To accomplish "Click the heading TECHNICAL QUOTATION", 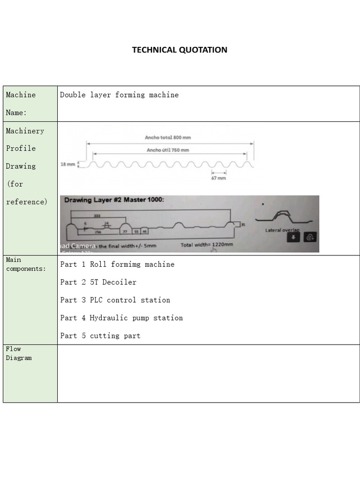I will point(180,50).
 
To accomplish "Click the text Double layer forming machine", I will point(119,95).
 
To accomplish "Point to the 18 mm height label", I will point(67,165).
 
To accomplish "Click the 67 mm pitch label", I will point(218,178).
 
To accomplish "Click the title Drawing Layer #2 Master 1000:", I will point(114,200).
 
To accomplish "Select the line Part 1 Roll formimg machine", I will point(117,264).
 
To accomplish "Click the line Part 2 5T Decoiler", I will point(98,282).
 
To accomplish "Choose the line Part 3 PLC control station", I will point(115,300).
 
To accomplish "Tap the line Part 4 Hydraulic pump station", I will point(121,318).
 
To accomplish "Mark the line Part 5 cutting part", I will point(100,336).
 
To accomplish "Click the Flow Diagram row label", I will point(19,353).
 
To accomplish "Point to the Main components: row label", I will point(26,264).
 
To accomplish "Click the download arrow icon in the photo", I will point(293,237).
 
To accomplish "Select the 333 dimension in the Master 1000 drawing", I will point(97,216).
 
